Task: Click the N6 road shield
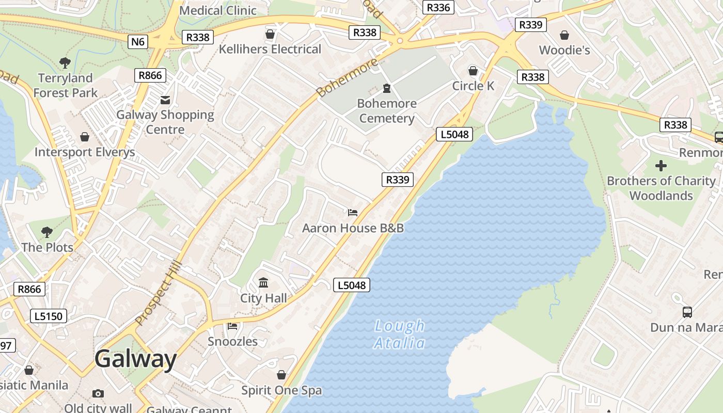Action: [138, 41]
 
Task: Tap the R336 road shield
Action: [438, 7]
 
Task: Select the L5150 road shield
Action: [49, 316]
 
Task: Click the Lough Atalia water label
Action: [400, 334]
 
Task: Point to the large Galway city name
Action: [136, 359]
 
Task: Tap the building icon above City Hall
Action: [263, 282]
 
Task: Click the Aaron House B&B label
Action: [353, 228]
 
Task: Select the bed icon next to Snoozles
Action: [232, 326]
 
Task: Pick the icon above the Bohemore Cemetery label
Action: [387, 88]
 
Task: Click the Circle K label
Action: [473, 86]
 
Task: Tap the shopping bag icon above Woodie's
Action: [564, 35]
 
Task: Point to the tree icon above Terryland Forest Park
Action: [65, 63]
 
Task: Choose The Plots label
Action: [48, 247]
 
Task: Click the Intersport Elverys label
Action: [85, 152]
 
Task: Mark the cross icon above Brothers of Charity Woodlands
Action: [661, 166]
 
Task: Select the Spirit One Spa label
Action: [281, 390]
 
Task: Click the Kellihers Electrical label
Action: [270, 49]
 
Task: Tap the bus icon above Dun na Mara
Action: [687, 312]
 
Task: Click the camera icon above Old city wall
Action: [98, 393]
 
